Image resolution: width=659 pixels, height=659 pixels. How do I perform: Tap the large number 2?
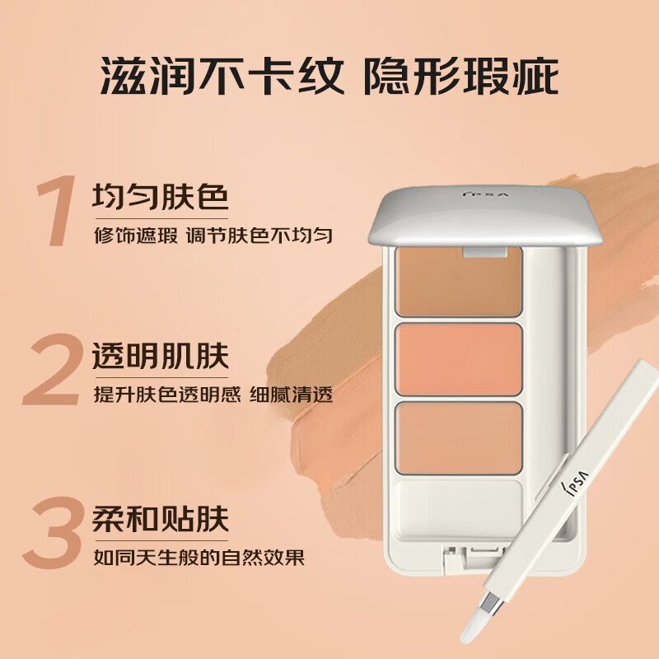click(52, 369)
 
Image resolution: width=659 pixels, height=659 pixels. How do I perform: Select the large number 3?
click(53, 532)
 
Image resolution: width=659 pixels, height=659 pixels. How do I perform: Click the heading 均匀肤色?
click(160, 196)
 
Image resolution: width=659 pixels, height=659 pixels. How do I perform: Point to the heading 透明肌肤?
click(160, 357)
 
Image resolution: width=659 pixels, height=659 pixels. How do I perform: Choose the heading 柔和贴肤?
click(160, 518)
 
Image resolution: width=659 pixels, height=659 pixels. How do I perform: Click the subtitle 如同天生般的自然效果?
click(199, 558)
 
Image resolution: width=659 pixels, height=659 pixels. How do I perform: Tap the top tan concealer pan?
click(459, 282)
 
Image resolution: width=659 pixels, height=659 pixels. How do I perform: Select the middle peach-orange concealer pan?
click(459, 359)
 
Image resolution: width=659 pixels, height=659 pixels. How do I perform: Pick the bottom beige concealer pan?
click(459, 438)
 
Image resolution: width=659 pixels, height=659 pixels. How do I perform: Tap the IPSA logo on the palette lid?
click(486, 194)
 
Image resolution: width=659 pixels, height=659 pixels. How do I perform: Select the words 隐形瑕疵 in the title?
click(461, 77)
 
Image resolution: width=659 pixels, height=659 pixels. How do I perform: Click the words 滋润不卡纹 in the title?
click(222, 77)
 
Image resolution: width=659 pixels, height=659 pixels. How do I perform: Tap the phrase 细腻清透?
click(291, 395)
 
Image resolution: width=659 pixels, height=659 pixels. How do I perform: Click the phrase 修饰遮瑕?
click(136, 235)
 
